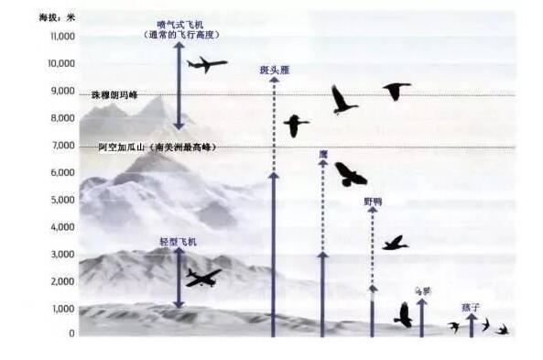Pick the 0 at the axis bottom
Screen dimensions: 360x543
[71, 334]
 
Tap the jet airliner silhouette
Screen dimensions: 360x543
[207, 64]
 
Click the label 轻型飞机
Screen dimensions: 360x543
[178, 242]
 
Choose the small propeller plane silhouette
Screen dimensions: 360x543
[202, 278]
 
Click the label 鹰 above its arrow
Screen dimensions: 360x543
[322, 154]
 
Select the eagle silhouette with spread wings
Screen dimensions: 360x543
[350, 174]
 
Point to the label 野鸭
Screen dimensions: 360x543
[373, 201]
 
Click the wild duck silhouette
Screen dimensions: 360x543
[395, 243]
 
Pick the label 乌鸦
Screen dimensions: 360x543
[422, 290]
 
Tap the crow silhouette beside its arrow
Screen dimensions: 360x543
[403, 315]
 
